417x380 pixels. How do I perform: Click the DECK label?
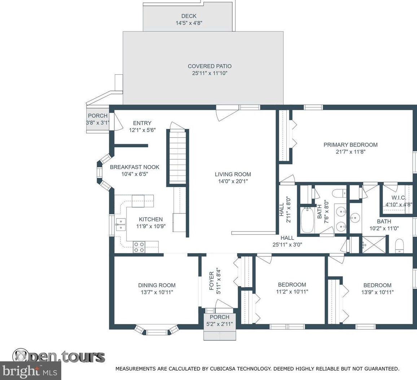[x=189, y=16]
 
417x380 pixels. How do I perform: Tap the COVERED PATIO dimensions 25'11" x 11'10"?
[x=210, y=73]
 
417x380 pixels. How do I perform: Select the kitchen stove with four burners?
[x=139, y=247]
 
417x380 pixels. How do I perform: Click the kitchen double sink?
[x=120, y=224]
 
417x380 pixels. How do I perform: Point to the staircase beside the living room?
[x=177, y=157]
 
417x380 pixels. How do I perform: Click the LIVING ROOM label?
[x=233, y=174]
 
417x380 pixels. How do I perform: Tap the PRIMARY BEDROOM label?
[x=351, y=145]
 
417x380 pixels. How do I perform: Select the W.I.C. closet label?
[x=399, y=198]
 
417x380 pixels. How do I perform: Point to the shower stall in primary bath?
[x=374, y=244]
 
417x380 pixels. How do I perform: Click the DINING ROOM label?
[x=157, y=285]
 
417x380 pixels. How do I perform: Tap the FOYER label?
[x=212, y=281]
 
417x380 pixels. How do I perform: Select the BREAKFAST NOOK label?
[x=135, y=167]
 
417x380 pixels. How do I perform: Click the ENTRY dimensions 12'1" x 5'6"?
[x=142, y=130]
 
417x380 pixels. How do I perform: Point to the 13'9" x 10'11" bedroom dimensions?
[x=377, y=292]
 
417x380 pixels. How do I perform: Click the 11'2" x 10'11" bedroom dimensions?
[x=292, y=292]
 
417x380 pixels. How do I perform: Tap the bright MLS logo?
[x=30, y=371]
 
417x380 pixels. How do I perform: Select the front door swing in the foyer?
[x=221, y=304]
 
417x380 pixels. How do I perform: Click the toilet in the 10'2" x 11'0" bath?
[x=399, y=245]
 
